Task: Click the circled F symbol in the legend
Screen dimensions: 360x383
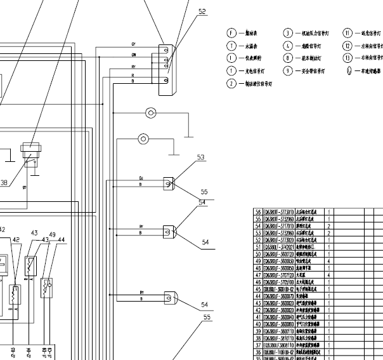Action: pyautogui.click(x=231, y=32)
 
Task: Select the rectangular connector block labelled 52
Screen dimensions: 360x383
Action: pyautogui.click(x=166, y=70)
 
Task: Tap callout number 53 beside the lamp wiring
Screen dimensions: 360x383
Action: pyautogui.click(x=201, y=157)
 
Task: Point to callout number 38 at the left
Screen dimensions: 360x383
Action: pyautogui.click(x=4, y=183)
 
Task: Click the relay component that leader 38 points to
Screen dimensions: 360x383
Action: pyautogui.click(x=30, y=152)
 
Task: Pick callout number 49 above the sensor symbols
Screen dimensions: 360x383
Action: pyautogui.click(x=53, y=234)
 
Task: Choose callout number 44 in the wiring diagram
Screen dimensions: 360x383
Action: pyautogui.click(x=62, y=239)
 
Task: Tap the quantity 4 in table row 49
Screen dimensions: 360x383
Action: pyautogui.click(x=328, y=261)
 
